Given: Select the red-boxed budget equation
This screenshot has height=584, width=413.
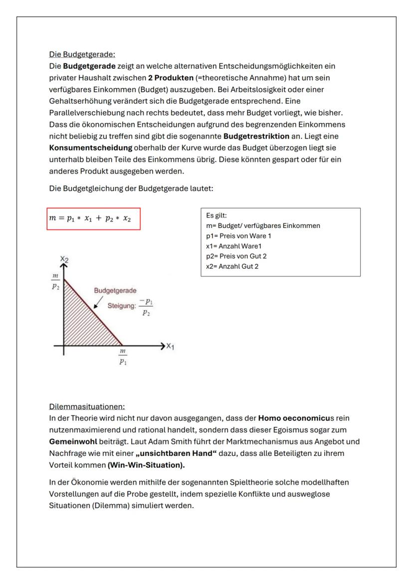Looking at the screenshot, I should click(94, 219).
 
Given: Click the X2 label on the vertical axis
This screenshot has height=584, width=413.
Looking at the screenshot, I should click(64, 259).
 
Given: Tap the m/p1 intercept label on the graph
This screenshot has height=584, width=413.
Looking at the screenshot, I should click(122, 358).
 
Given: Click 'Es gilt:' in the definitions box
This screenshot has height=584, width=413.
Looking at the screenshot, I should click(215, 215).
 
